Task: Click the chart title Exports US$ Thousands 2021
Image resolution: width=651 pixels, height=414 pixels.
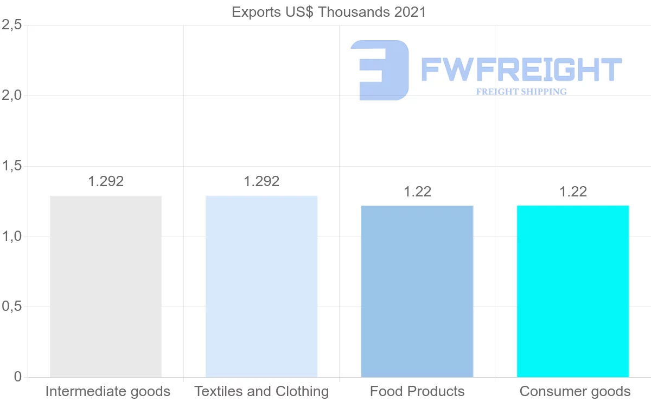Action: coord(329,12)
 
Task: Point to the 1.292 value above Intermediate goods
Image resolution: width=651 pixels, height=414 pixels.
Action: coord(106,181)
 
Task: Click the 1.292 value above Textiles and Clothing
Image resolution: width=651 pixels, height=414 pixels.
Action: coord(261,181)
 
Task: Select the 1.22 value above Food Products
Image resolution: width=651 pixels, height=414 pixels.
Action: coord(417,192)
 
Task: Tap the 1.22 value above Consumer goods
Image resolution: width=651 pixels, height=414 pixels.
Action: coord(573,192)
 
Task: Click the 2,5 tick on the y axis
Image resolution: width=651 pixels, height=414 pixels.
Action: coord(11,26)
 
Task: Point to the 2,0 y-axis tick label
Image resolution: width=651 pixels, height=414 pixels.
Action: coord(11,95)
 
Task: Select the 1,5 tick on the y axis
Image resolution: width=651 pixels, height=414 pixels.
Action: coord(11,166)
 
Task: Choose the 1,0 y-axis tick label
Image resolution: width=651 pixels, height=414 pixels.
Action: coord(11,237)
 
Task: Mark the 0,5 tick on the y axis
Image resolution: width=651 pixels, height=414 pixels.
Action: coord(11,307)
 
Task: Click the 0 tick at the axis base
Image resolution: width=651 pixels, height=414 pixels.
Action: coord(18,377)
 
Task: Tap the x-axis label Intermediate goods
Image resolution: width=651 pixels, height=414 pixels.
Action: coord(107,391)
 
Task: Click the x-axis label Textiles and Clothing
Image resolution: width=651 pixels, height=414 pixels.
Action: coord(261,391)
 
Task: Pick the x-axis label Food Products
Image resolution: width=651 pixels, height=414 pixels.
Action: coord(417,391)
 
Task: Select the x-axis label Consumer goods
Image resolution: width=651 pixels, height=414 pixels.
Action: coord(575,391)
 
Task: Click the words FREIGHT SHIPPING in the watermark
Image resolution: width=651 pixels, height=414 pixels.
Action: coord(521,92)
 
